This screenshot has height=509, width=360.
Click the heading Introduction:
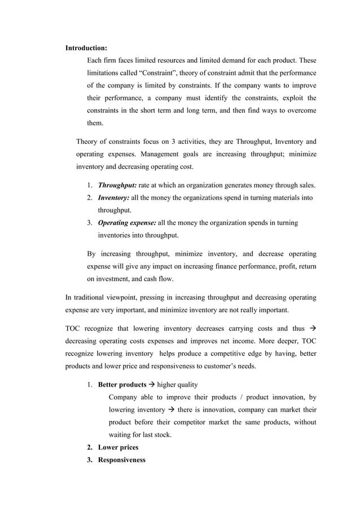coord(86,47)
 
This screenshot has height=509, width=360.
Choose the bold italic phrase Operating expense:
coord(127,223)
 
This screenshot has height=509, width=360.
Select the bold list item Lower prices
coord(118,447)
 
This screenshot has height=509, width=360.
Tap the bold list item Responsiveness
coord(121,460)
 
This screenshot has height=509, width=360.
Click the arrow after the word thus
coord(312,328)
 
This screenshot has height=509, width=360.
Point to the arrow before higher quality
coord(152,385)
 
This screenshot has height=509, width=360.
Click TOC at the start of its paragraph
coord(74,328)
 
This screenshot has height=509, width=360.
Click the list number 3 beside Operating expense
coord(90,223)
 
